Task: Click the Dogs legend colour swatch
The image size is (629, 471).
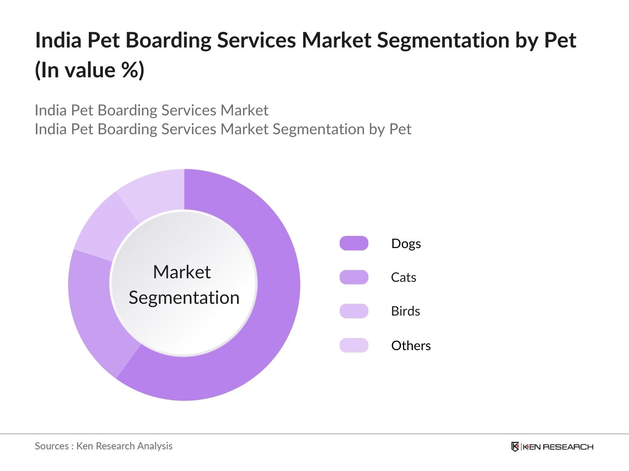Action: point(354,243)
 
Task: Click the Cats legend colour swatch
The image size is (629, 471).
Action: point(354,277)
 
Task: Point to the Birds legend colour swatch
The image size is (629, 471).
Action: point(354,311)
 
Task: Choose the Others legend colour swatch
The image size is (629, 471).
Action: point(354,345)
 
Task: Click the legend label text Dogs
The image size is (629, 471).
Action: point(406,244)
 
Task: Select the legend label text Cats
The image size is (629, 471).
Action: point(403,277)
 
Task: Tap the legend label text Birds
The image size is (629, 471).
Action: point(405,311)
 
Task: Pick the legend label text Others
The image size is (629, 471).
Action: point(411,346)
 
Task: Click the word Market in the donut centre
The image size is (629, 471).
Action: point(182,272)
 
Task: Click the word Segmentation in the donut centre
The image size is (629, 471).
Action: point(184,298)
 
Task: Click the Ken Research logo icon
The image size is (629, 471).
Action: point(515,447)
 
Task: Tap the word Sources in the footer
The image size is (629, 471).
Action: point(52,446)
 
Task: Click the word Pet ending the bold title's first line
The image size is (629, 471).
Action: point(560,40)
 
